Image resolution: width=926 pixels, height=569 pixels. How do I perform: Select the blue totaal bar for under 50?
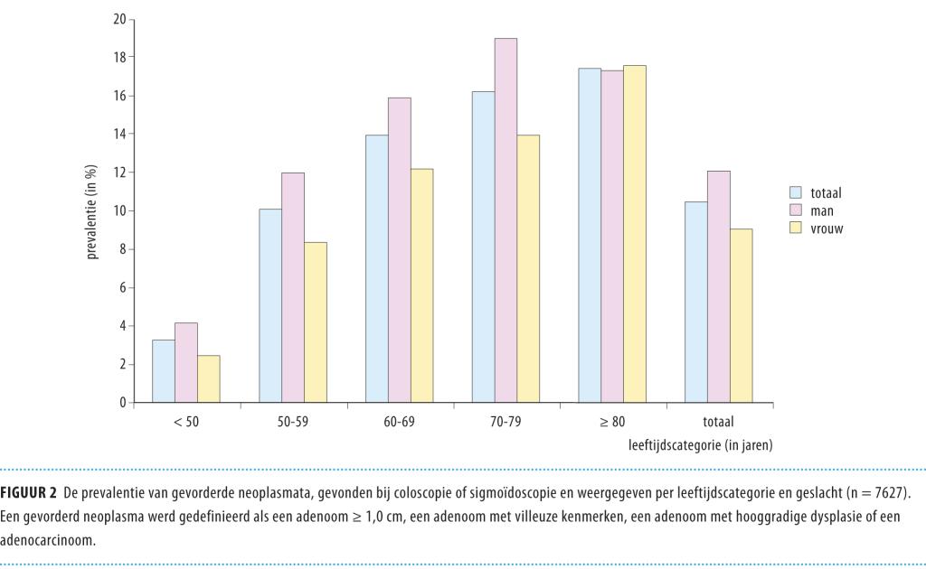tap(164, 371)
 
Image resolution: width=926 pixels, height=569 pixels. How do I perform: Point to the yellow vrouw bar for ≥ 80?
tap(635, 234)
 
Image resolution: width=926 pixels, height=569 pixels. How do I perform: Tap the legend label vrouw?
tap(829, 229)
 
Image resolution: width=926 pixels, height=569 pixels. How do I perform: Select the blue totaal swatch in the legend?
tap(797, 192)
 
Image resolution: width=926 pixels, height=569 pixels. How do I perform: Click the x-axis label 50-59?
tap(293, 422)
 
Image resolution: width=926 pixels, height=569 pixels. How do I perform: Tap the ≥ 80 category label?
tap(613, 422)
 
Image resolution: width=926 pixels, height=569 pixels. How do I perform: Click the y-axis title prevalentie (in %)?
tap(92, 211)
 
